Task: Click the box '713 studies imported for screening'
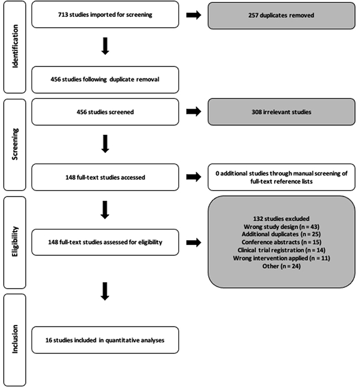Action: (105, 15)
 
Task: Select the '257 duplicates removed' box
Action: (281, 15)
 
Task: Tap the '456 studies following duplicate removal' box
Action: (105, 80)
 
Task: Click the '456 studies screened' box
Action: (105, 112)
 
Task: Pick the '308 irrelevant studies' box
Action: (281, 112)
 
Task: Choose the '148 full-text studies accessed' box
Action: (105, 177)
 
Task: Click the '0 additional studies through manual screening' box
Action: (281, 177)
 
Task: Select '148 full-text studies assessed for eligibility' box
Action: (105, 242)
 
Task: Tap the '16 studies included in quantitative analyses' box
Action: (105, 340)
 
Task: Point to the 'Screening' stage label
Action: (15, 145)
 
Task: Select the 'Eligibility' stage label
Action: (15, 242)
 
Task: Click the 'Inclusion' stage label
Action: (15, 340)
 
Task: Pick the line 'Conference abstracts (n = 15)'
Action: (281, 242)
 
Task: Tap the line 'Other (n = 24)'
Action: (281, 266)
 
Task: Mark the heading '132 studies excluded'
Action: (281, 218)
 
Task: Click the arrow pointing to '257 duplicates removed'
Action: (193, 15)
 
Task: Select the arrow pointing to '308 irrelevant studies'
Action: (193, 112)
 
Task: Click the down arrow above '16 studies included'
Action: (105, 292)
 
